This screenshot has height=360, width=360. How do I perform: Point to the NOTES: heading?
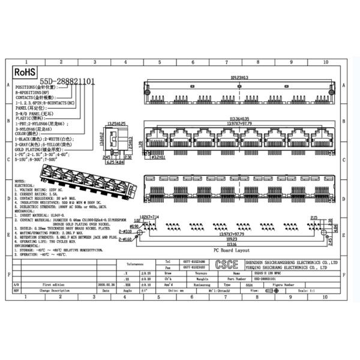pyautogui.click(x=19, y=179)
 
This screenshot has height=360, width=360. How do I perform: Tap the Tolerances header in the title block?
pyautogui.click(x=135, y=263)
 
